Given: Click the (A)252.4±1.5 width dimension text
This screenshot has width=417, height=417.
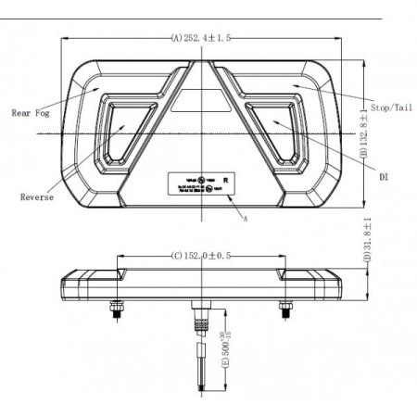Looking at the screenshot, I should pos(200,38).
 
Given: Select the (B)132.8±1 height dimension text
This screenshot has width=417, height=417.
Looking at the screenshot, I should pos(367,132).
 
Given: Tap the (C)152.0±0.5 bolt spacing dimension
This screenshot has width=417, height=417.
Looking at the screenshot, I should pos(200,255).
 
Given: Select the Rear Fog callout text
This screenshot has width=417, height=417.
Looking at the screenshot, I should pos(32,114).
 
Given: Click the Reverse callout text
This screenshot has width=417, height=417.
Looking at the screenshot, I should pos(36,197).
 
